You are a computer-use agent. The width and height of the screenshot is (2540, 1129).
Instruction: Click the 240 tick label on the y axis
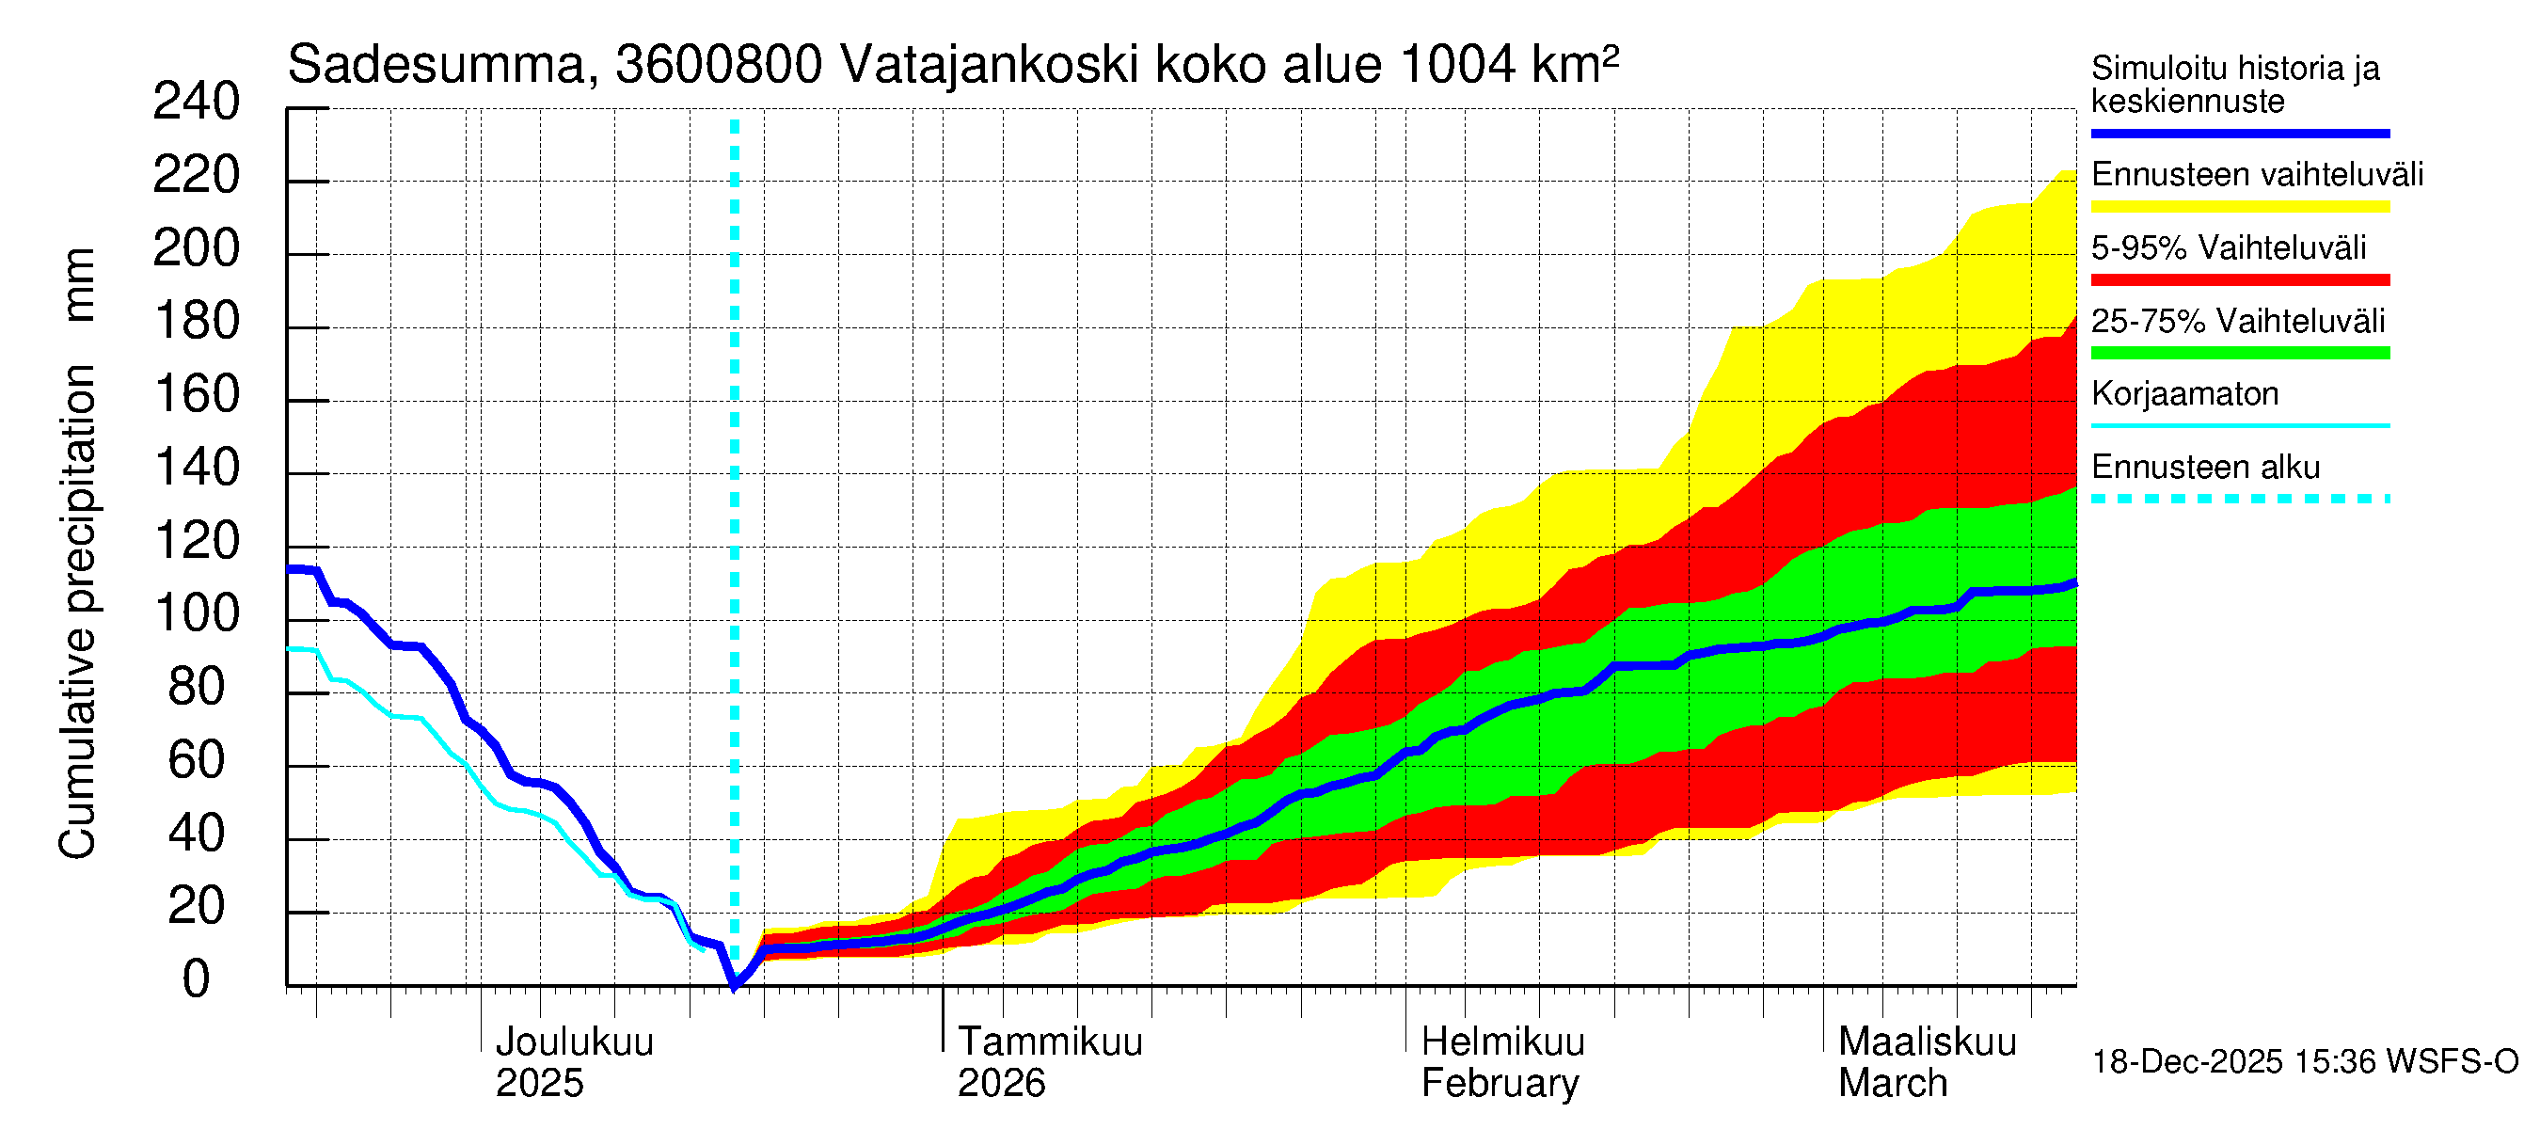click(196, 103)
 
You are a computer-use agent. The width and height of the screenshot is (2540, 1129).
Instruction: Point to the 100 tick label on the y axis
click(198, 615)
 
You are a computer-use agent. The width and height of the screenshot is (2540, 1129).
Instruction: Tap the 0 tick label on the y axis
click(197, 980)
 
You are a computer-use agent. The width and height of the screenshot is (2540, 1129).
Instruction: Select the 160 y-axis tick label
click(198, 395)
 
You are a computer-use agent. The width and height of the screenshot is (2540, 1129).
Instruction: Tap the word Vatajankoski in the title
click(990, 66)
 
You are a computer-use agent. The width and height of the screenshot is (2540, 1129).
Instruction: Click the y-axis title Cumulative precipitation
click(77, 612)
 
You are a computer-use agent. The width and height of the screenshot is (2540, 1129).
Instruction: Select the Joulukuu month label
click(574, 1042)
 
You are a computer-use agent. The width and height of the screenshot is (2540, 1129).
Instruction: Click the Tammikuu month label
click(1050, 1042)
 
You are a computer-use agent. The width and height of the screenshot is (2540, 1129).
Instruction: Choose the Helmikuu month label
click(1502, 1042)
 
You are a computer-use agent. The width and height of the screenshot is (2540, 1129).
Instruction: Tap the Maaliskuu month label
click(1927, 1042)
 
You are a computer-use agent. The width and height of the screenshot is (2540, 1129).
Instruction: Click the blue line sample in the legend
click(2239, 133)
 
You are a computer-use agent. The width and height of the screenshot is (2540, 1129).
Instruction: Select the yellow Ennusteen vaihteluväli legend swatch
click(2239, 207)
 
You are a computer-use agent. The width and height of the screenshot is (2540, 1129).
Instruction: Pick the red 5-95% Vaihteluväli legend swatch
click(2239, 280)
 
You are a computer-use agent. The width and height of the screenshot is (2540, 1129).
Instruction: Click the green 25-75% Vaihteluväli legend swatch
click(2239, 353)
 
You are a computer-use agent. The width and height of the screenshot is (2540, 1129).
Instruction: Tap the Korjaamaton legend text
click(2184, 394)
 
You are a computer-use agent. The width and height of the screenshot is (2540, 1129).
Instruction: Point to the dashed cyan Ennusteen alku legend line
click(2239, 499)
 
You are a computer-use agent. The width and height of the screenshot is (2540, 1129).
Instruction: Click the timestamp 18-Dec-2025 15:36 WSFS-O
click(2304, 1062)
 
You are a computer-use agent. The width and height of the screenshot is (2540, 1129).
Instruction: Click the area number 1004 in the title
click(1456, 66)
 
